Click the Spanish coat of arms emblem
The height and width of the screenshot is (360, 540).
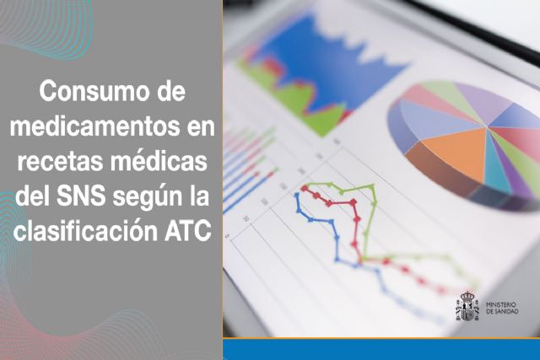tap(467, 306)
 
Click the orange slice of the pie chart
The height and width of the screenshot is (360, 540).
tap(456, 155)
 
